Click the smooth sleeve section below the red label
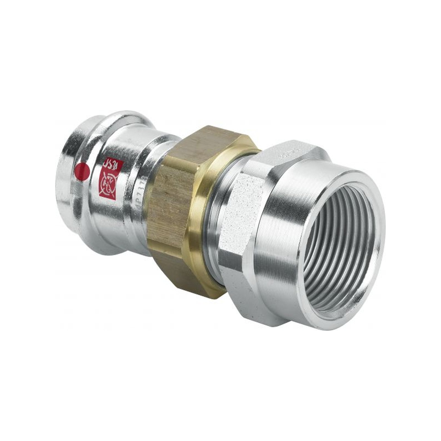click(x=116, y=226)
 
